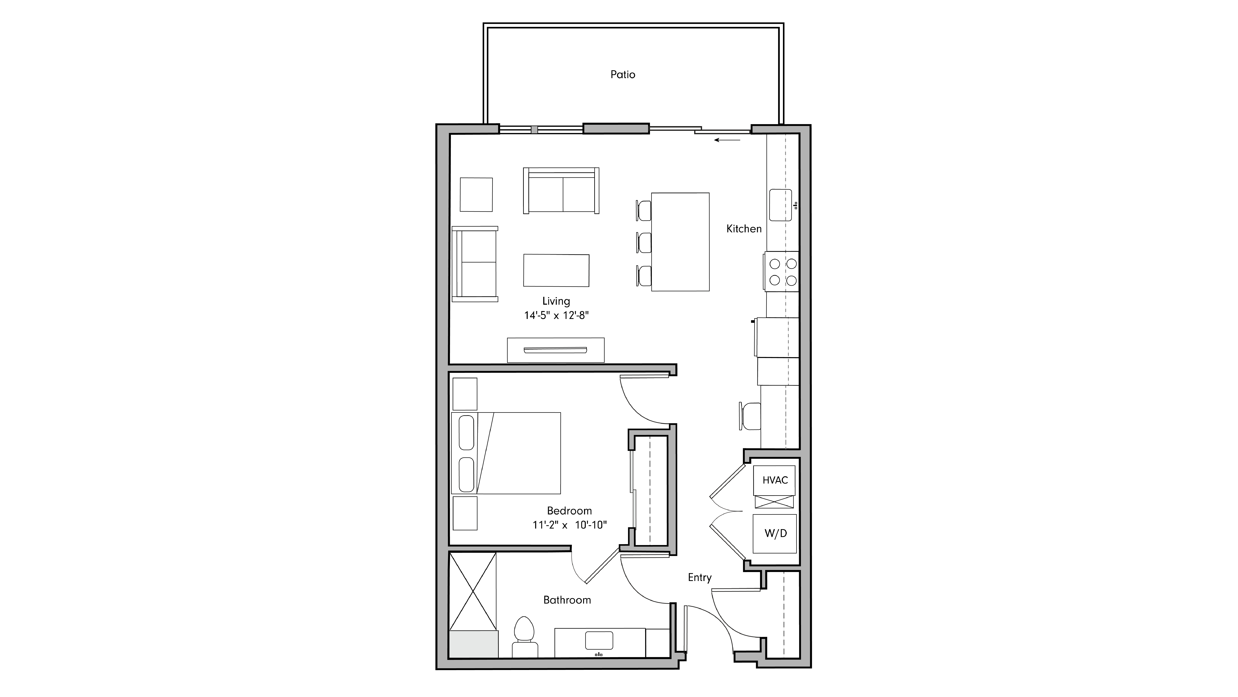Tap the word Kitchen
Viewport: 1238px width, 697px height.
click(x=743, y=229)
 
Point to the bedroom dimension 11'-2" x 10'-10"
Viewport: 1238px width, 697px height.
click(x=569, y=525)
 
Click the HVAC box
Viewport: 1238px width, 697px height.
click(x=775, y=480)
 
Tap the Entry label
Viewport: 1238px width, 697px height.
click(x=699, y=577)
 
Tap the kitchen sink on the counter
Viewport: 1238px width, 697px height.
click(x=780, y=205)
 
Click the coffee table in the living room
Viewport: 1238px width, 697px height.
click(x=556, y=270)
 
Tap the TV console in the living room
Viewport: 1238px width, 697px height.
click(x=555, y=350)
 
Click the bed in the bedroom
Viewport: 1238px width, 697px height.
click(x=519, y=453)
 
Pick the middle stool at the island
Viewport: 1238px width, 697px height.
click(x=644, y=242)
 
